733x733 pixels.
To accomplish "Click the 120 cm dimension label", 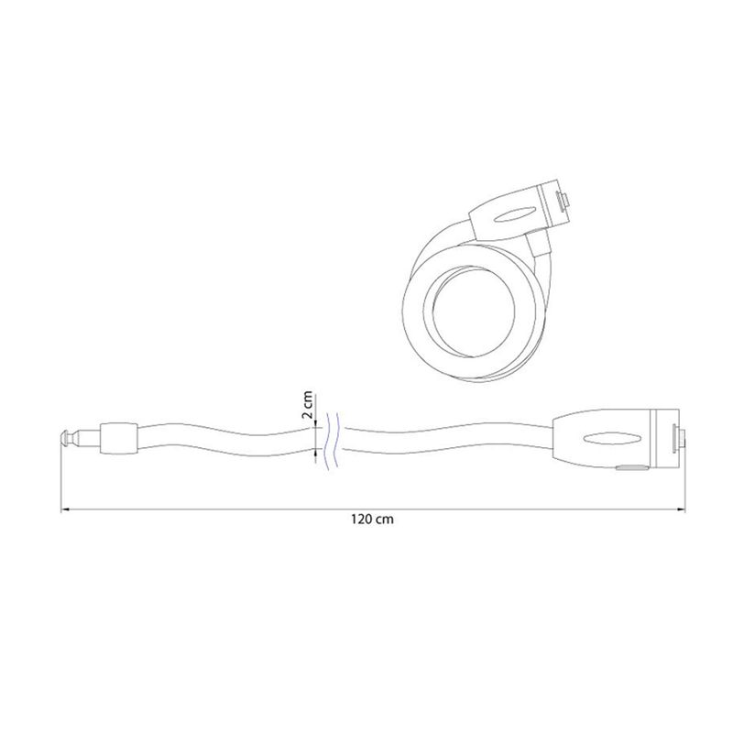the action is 373,519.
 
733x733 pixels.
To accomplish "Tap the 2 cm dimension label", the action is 307,405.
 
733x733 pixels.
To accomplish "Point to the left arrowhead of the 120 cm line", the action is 65,509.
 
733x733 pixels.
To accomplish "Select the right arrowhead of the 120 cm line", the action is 681,509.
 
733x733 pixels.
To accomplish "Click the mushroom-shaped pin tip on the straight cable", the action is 66,439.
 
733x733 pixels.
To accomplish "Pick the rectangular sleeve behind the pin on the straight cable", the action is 119,439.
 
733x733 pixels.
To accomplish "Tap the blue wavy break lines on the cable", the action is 333,441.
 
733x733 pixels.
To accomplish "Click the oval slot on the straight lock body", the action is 611,438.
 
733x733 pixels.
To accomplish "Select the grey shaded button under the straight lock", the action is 631,467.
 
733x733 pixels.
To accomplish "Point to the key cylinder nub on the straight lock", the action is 678,438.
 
